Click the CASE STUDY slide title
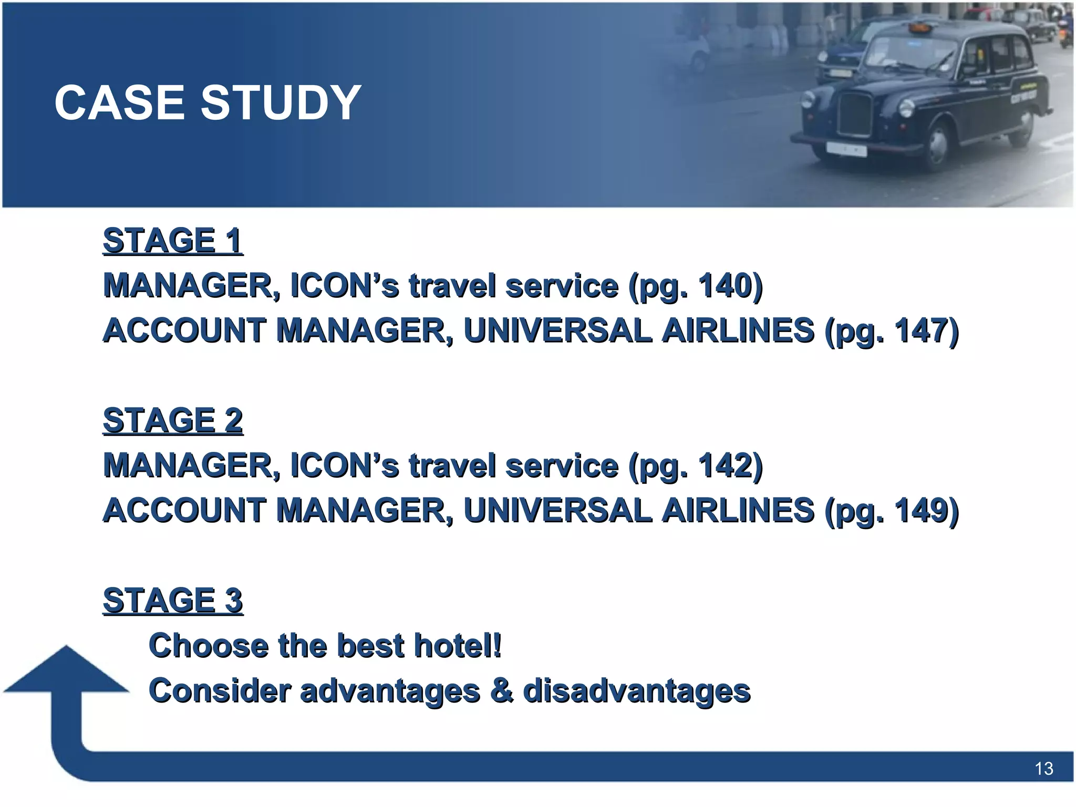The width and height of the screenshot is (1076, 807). [x=208, y=102]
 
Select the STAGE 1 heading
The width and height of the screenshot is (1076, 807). [x=173, y=241]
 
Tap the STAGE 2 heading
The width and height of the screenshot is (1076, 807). [x=173, y=420]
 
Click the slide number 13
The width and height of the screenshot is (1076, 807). [x=1043, y=769]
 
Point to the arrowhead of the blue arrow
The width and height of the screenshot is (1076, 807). [x=66, y=670]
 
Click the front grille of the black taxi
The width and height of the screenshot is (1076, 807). [x=855, y=115]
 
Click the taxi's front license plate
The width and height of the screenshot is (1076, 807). [x=846, y=150]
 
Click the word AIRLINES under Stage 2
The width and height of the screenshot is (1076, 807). [x=738, y=511]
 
